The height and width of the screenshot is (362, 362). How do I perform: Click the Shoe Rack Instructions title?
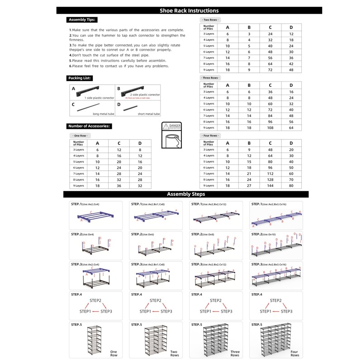point(189,10)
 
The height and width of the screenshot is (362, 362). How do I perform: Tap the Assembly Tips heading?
point(82,20)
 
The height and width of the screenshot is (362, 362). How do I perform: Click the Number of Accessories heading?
point(89,126)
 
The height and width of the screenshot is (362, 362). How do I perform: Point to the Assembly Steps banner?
point(186,194)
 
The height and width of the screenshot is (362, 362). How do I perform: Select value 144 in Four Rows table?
point(270,186)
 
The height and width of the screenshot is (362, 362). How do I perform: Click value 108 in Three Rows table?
point(270,128)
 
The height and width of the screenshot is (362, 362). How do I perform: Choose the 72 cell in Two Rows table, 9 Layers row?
point(270,70)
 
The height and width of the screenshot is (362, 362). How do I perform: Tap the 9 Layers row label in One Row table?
point(80,186)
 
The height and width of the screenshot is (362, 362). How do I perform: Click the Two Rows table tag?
point(210,20)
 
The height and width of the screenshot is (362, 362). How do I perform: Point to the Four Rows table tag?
point(210,136)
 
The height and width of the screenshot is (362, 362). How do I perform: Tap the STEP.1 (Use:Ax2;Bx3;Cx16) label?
point(275,204)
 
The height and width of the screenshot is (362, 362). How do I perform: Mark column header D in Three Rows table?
point(291,85)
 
